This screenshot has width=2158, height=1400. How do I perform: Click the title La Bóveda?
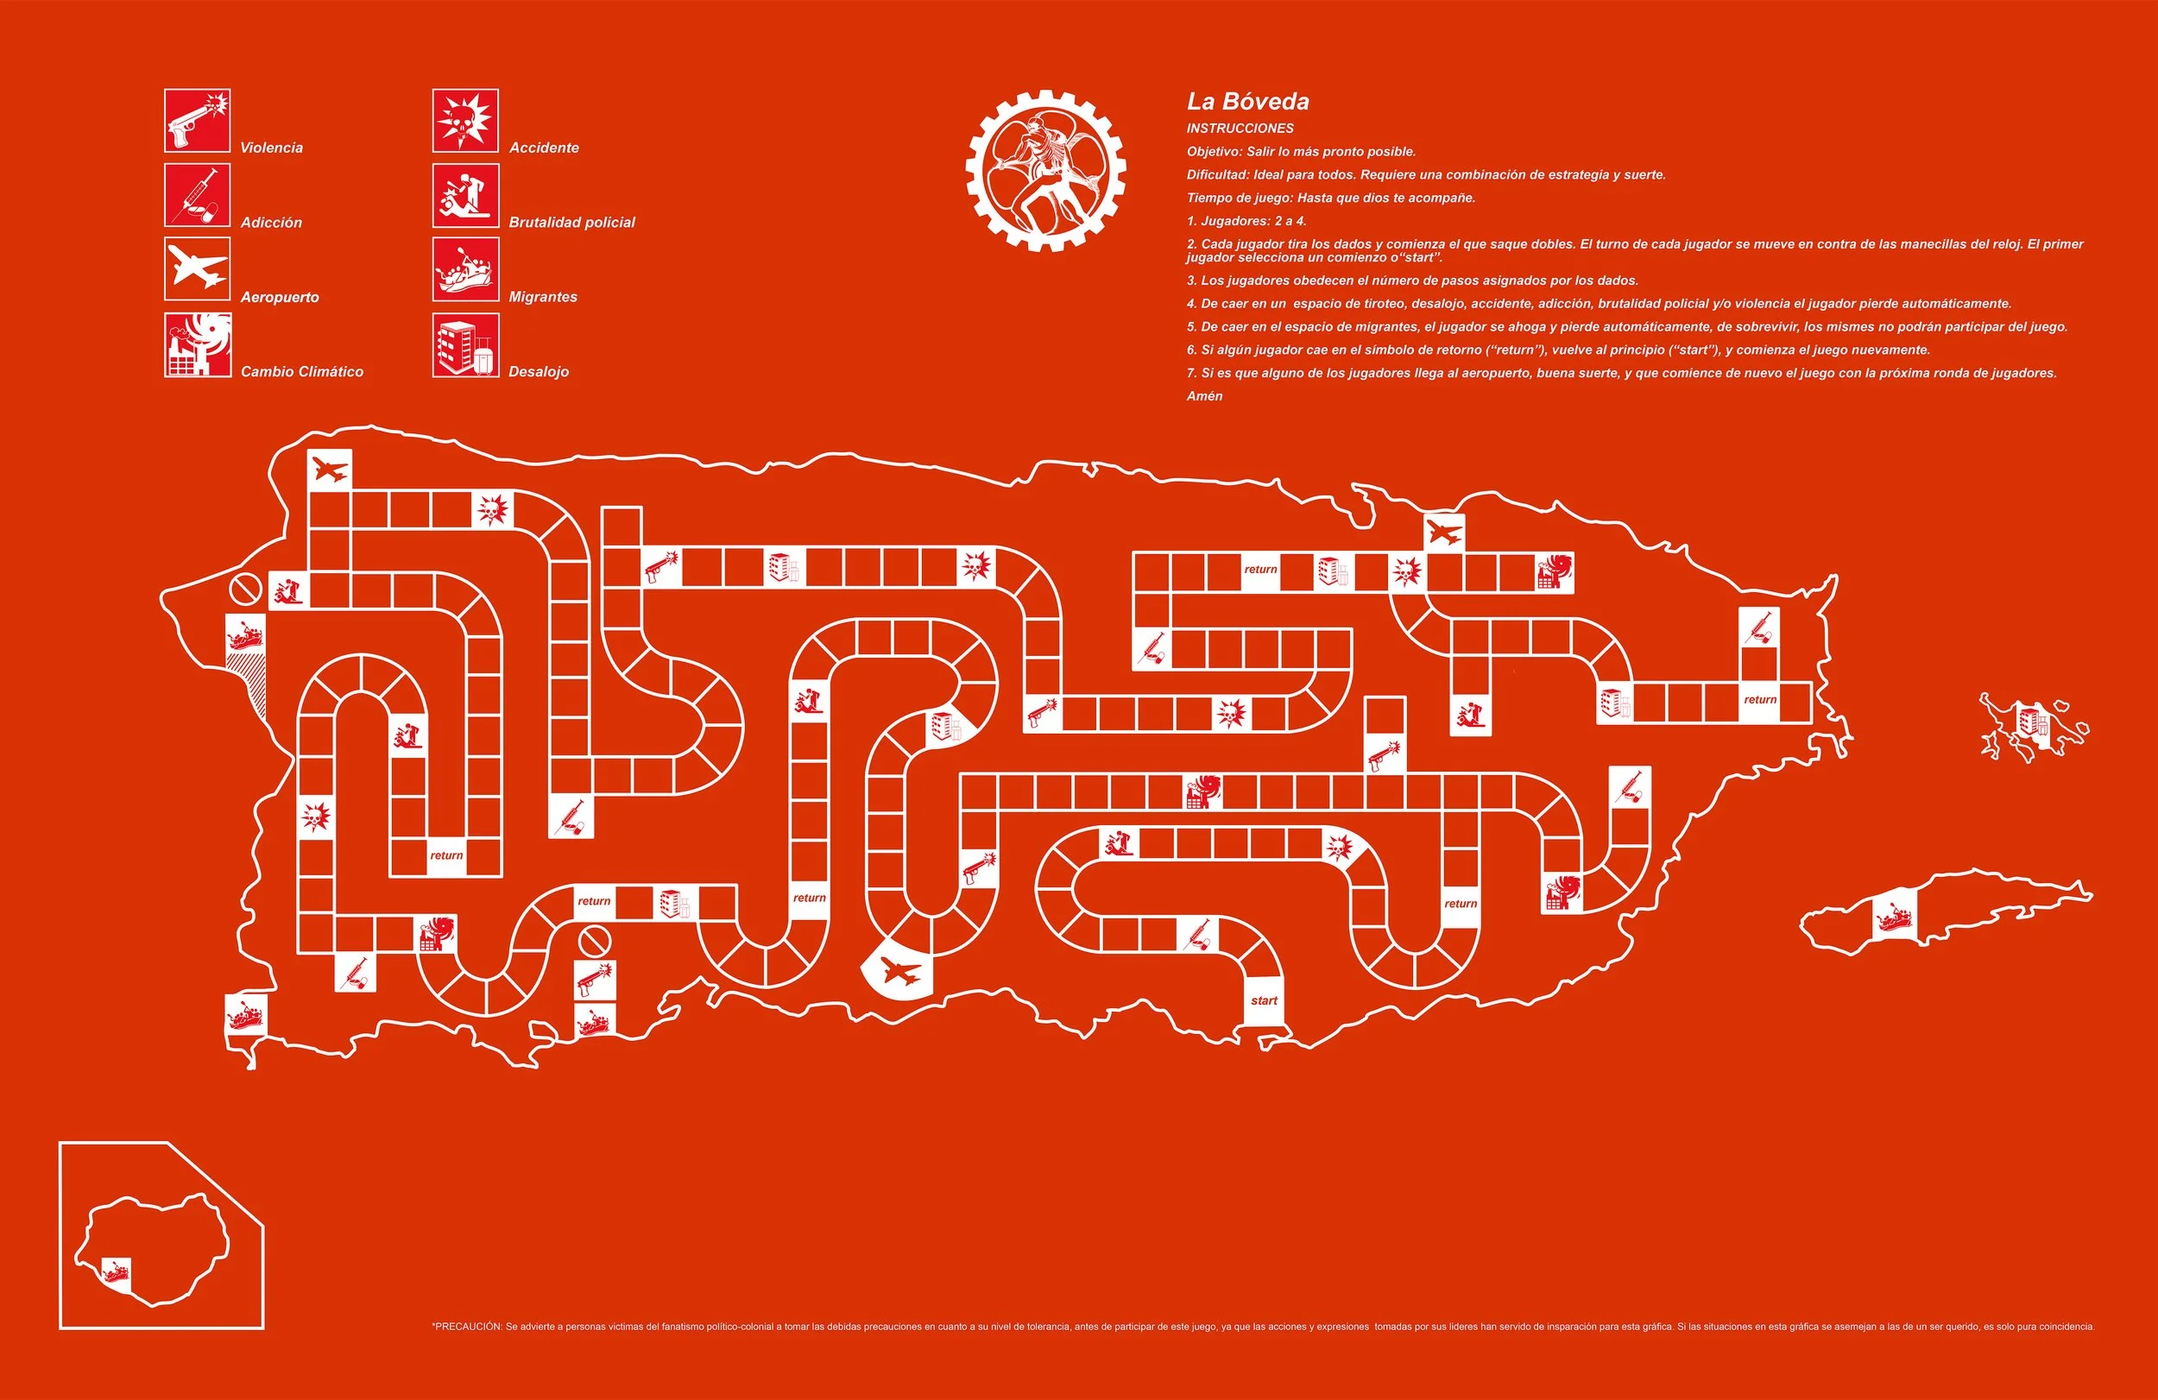coord(1247,102)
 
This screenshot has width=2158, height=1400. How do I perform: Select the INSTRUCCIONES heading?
coord(1240,129)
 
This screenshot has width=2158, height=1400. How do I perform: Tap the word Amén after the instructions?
coord(1204,396)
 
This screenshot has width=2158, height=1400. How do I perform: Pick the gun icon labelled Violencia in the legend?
coord(197,121)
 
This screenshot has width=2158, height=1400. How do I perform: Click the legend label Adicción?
coord(271,223)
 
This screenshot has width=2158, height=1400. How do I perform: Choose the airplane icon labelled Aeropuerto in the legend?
coord(197,269)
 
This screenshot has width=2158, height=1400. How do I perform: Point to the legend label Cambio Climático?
coord(302,372)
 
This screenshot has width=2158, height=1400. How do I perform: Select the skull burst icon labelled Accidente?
coord(465,121)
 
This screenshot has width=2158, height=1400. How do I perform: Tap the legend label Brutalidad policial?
coord(571,223)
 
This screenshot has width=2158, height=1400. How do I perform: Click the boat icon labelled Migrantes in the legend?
coord(465,269)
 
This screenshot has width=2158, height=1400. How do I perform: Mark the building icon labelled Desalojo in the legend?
coord(465,344)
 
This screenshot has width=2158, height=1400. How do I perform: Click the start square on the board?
coord(1263,1001)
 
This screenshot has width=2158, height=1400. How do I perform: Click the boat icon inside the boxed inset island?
coord(115,1271)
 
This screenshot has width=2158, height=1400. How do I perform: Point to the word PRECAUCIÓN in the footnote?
coord(468,1327)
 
